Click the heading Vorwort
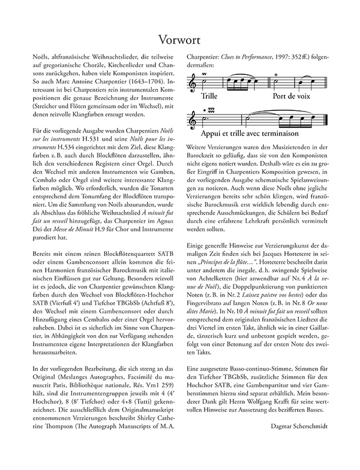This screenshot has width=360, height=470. click(180, 39)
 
